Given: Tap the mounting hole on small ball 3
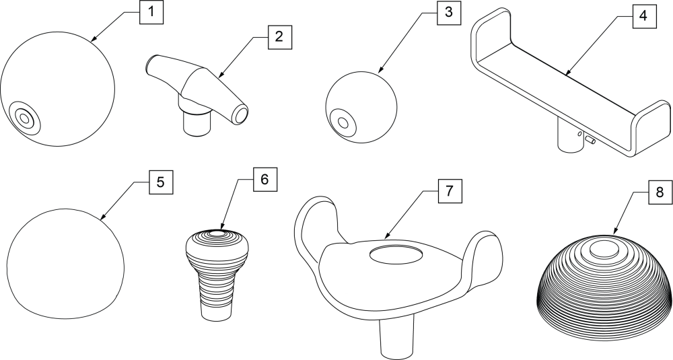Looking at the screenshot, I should [x=344, y=123].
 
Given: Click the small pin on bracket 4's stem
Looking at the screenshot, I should [x=589, y=139].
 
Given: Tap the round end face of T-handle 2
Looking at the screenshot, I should [x=240, y=115].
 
